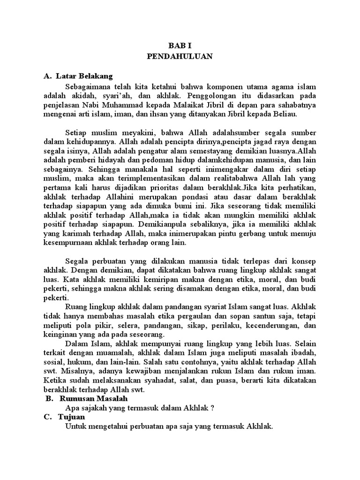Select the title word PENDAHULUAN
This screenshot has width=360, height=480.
tap(180, 56)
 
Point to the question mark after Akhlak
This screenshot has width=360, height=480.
tap(212, 408)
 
